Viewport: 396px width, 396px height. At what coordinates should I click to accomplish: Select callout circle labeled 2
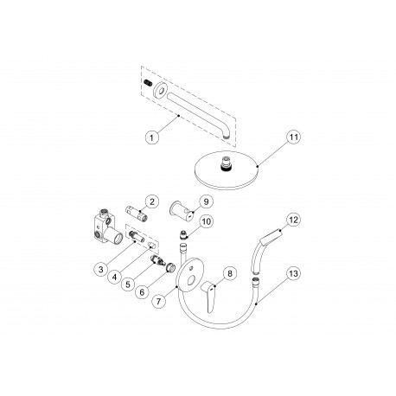150,201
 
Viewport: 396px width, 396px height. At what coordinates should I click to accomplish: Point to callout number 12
294,220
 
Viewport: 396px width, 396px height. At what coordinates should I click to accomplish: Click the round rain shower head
227,173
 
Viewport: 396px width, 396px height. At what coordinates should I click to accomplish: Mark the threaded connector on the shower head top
227,161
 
